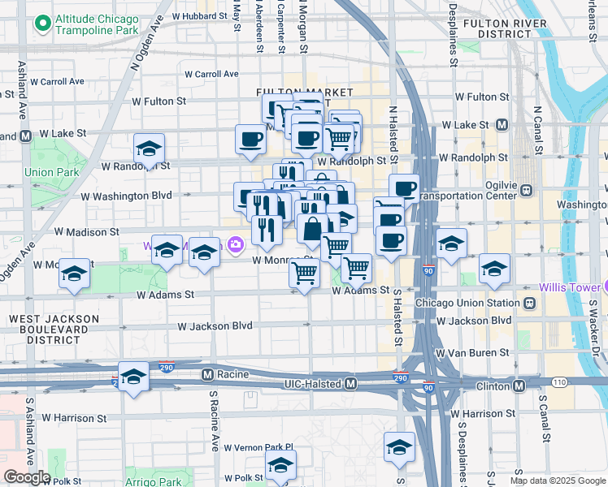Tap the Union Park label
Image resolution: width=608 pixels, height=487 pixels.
click(x=51, y=172)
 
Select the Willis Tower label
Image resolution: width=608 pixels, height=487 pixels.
click(x=573, y=287)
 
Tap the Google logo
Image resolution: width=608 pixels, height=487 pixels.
click(x=26, y=477)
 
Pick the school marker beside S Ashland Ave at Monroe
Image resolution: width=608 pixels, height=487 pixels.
click(x=74, y=274)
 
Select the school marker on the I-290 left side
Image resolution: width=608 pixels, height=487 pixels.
click(x=133, y=377)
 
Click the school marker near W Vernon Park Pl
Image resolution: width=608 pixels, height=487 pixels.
click(x=280, y=466)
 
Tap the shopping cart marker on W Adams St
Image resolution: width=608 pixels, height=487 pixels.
click(x=304, y=274)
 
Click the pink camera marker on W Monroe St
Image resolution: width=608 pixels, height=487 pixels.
click(x=236, y=243)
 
